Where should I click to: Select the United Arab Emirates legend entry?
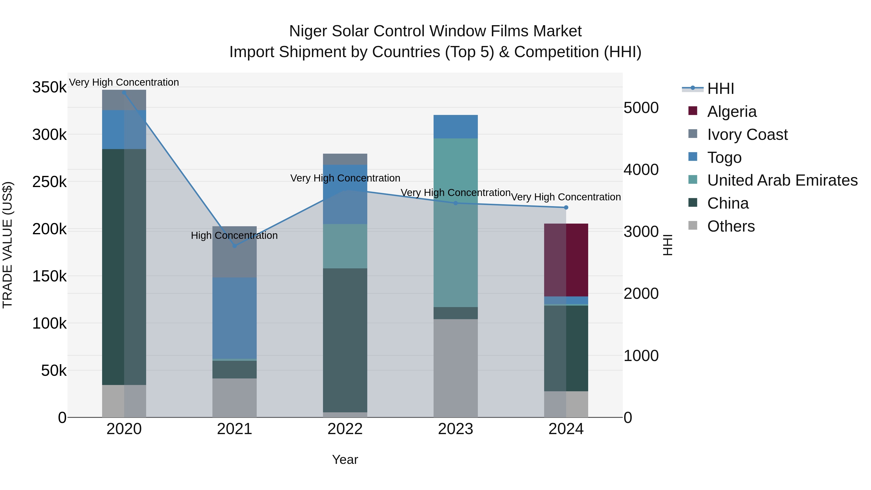(x=782, y=180)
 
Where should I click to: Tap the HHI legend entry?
(x=720, y=89)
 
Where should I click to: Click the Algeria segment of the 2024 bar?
(x=566, y=260)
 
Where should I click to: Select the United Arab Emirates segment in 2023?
(x=455, y=223)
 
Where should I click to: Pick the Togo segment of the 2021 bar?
(x=234, y=318)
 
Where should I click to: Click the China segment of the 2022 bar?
(x=345, y=340)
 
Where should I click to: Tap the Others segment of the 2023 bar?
(x=455, y=368)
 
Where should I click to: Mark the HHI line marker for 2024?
(x=566, y=207)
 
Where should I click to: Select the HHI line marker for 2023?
(x=455, y=203)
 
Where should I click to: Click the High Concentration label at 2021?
(x=234, y=235)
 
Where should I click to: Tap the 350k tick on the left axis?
(x=49, y=87)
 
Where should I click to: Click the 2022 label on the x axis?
(x=345, y=429)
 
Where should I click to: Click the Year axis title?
(x=345, y=460)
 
